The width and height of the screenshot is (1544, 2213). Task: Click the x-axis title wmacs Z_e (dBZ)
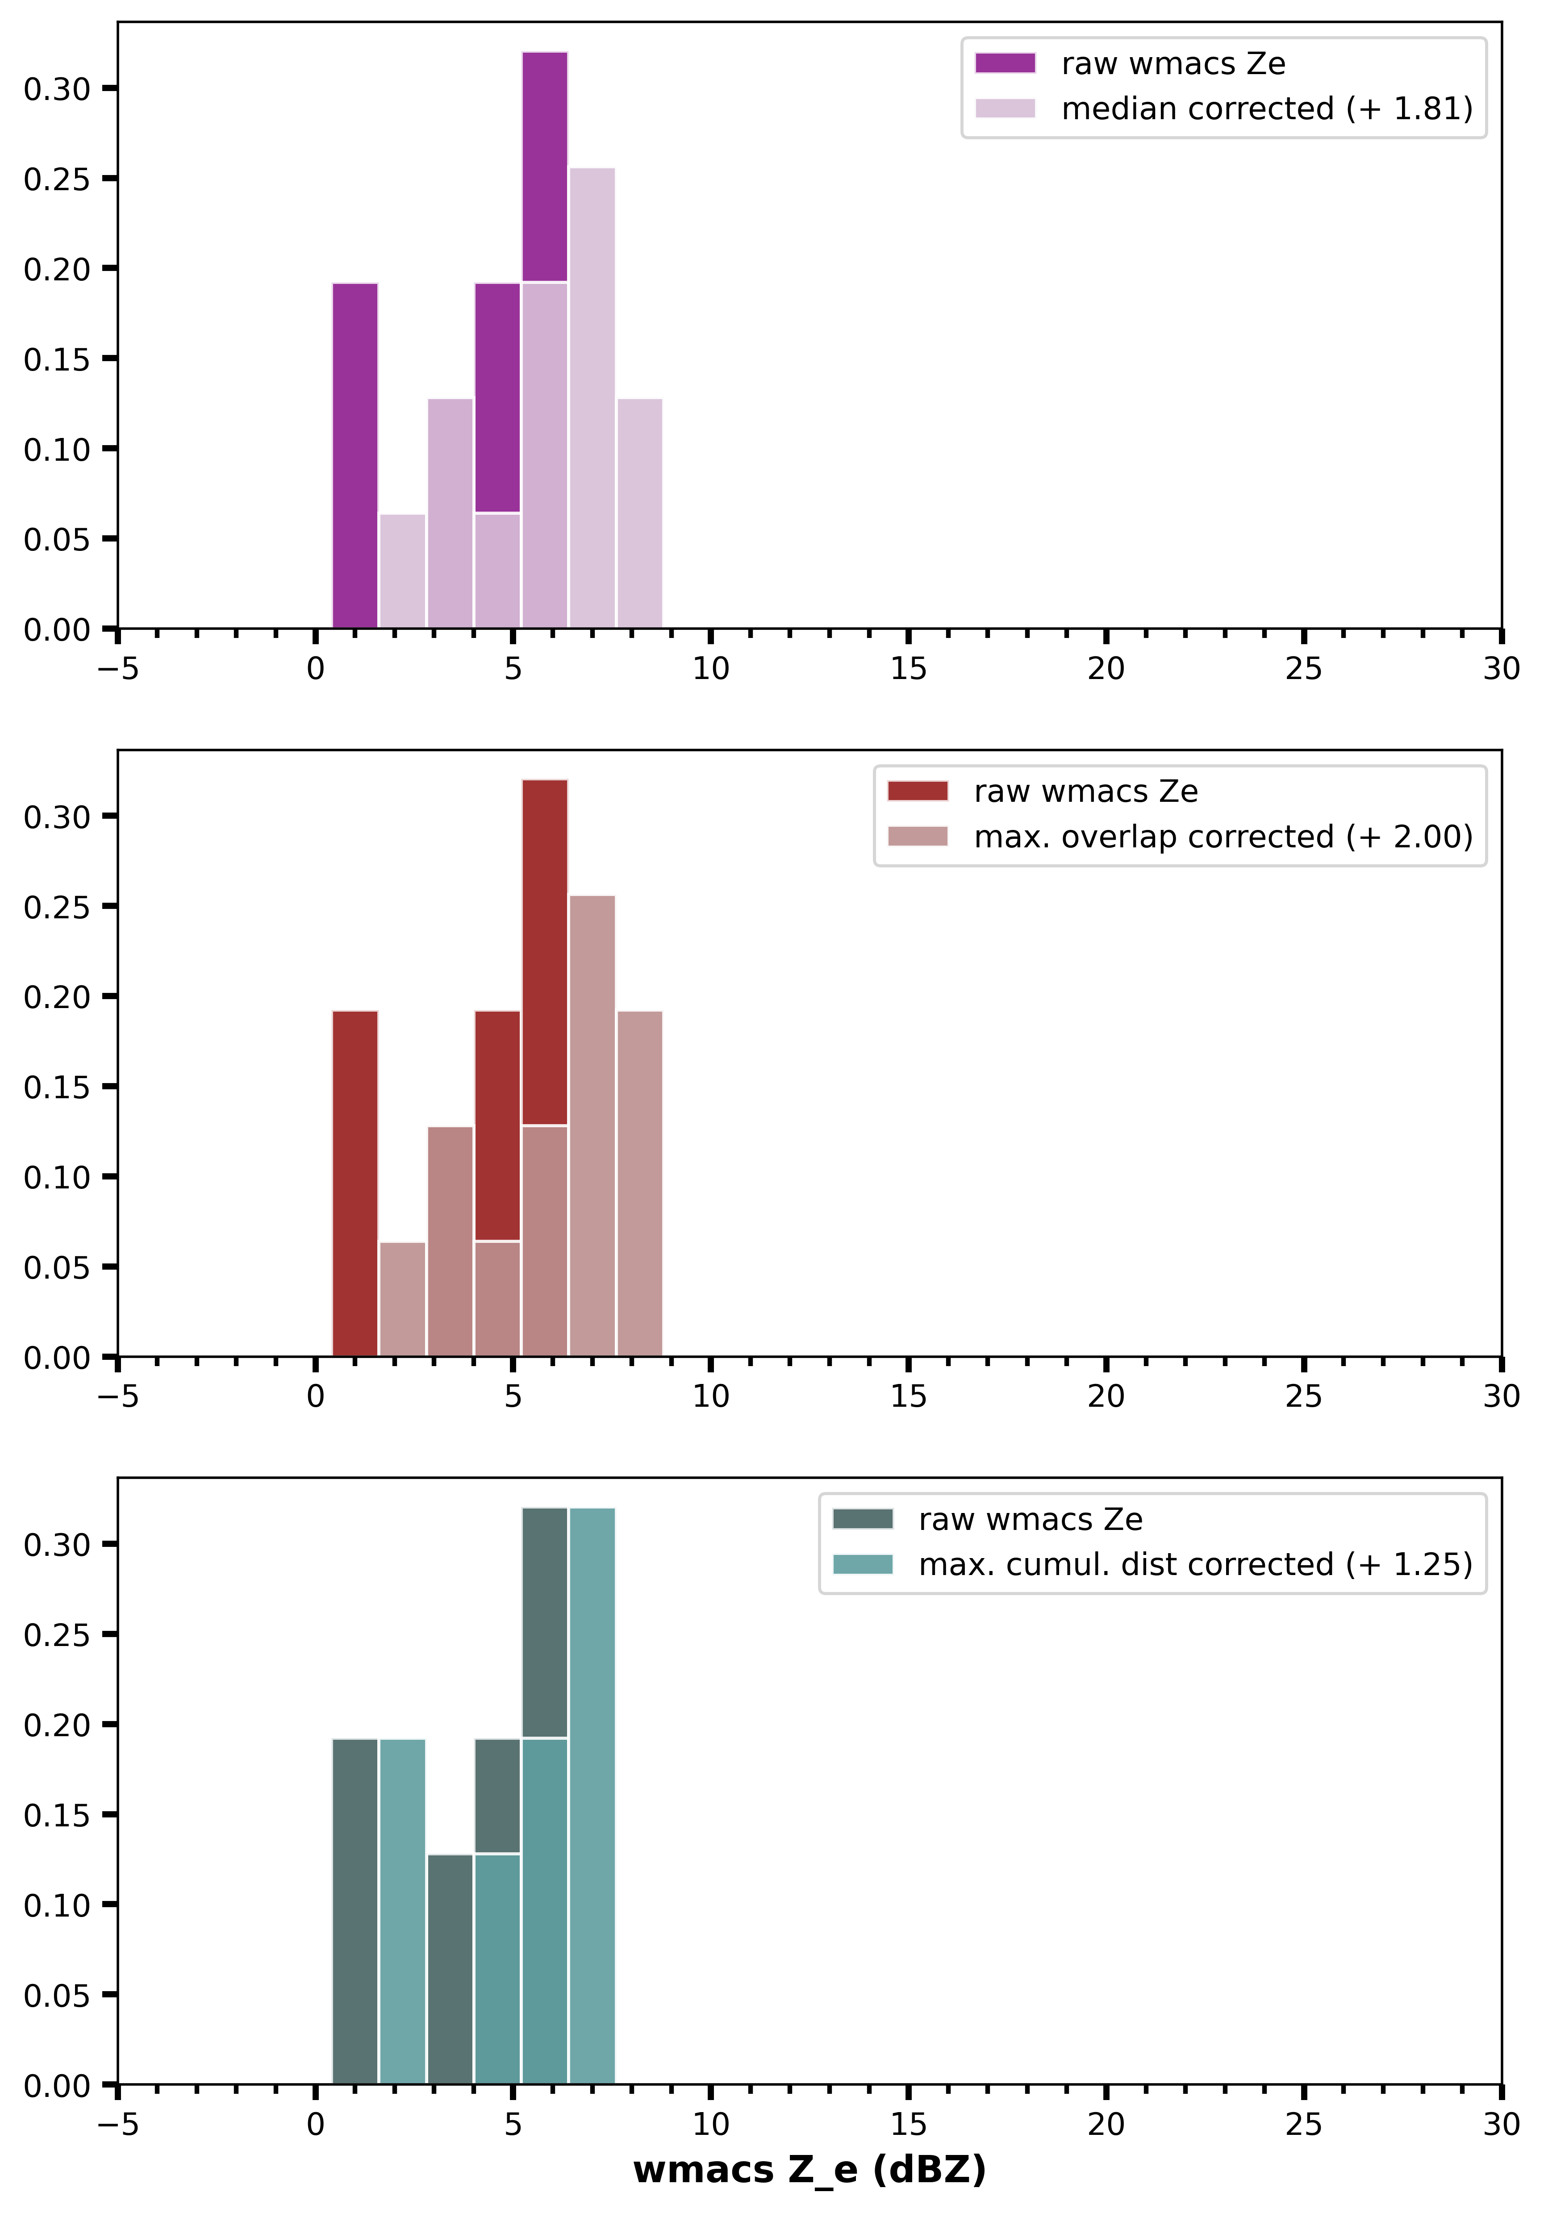810,2170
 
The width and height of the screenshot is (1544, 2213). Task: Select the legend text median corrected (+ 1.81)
1266,109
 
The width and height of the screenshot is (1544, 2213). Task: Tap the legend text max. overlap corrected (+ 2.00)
1223,837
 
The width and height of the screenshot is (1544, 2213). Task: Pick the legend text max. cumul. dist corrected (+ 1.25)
1195,1564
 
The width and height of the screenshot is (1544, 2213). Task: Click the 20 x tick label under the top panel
1106,669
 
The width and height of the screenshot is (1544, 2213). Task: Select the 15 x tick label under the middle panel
908,1396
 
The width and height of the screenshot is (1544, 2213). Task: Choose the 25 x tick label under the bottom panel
1303,2124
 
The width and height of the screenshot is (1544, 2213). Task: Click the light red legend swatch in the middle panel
918,837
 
